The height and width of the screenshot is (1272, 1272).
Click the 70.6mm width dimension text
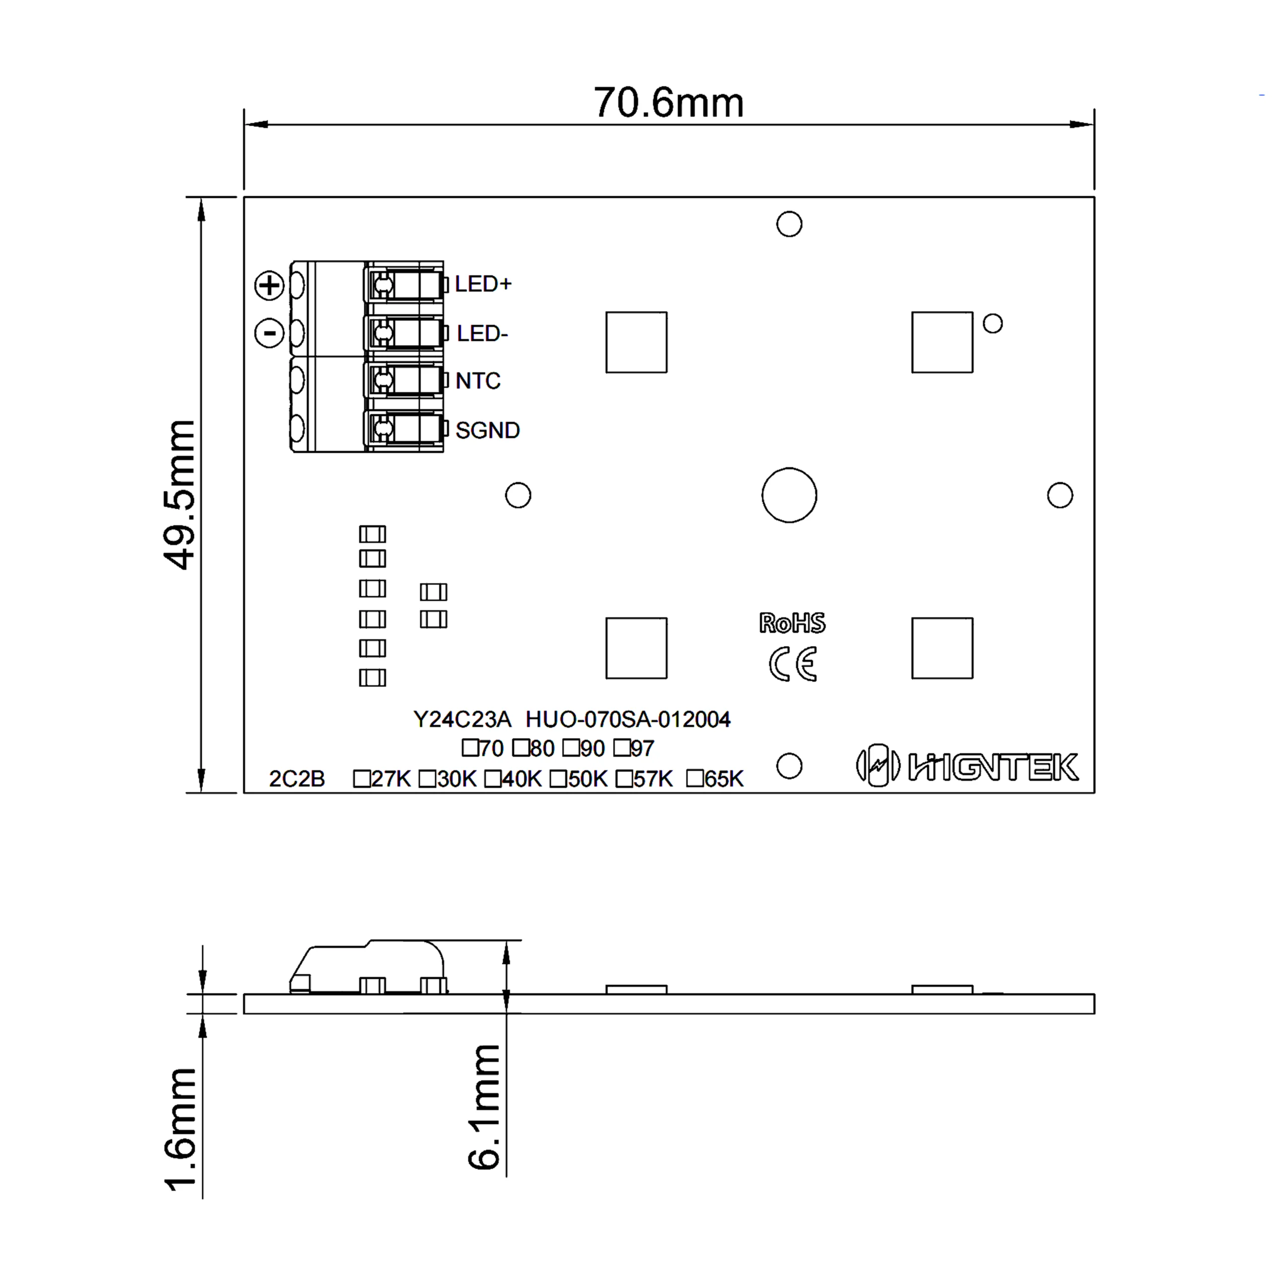[668, 103]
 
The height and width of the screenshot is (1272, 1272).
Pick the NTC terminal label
[477, 381]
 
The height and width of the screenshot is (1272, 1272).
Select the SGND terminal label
[487, 430]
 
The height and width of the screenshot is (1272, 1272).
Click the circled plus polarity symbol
[269, 285]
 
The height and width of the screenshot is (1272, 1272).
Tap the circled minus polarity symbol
[269, 332]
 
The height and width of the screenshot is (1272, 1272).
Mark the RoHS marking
[792, 623]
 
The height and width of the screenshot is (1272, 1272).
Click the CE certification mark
[793, 664]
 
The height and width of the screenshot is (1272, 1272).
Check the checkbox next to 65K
[695, 778]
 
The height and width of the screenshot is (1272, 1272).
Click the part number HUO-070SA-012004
[628, 719]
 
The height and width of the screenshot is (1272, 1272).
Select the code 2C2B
[297, 779]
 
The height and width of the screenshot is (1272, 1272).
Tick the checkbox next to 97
[622, 748]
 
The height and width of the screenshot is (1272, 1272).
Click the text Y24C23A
[462, 719]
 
